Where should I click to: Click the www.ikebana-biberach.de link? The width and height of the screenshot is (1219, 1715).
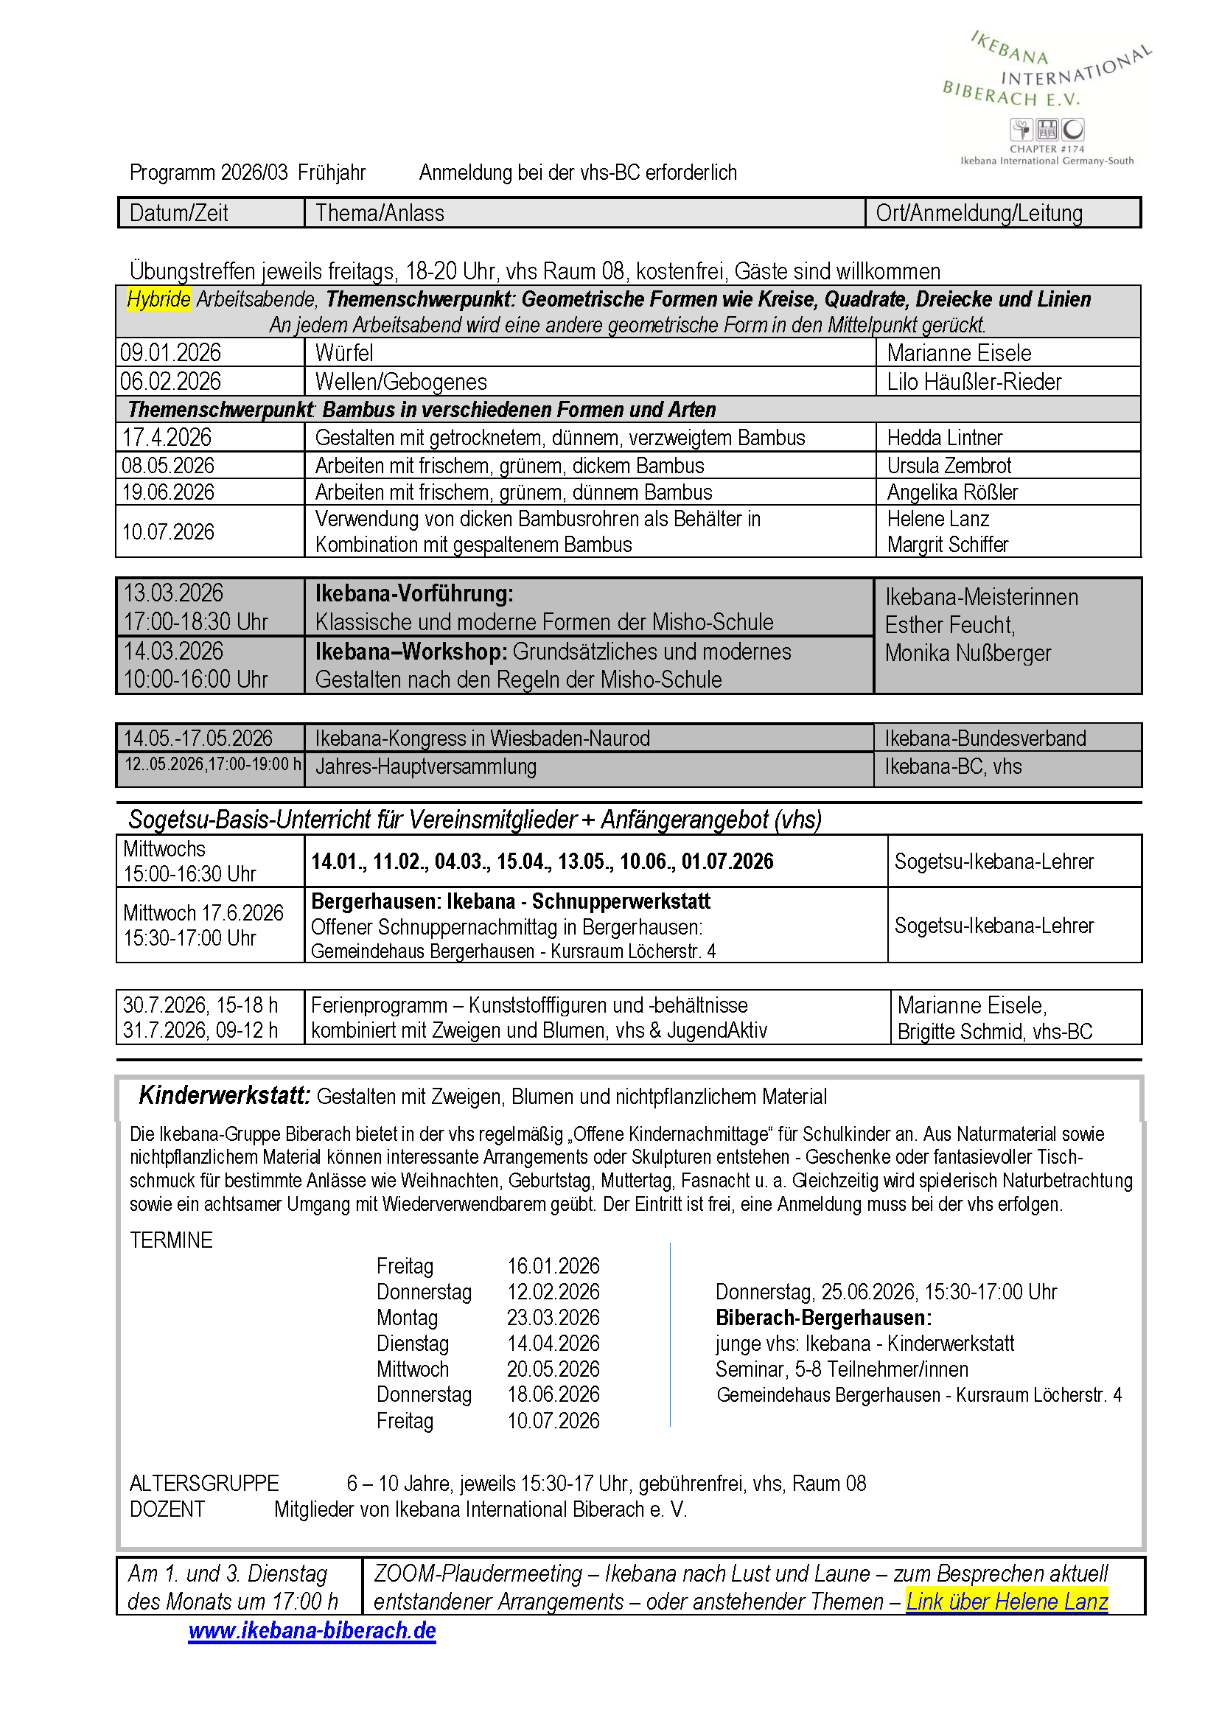coord(312,1630)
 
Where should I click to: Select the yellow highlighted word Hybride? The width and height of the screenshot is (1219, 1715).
coord(158,298)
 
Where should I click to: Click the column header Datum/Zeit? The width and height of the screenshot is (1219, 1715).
coord(178,213)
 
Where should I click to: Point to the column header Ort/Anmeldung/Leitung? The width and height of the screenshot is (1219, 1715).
coord(979,213)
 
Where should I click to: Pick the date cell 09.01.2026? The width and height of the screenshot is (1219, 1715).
coord(171,353)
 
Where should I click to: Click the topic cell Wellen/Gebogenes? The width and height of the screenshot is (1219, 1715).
coord(401,382)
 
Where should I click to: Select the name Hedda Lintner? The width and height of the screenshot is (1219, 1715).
coord(944,438)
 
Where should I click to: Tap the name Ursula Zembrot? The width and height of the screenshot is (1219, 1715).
coord(949,465)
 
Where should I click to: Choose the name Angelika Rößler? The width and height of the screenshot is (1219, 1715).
coord(951,492)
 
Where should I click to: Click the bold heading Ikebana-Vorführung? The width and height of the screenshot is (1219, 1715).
coord(413,594)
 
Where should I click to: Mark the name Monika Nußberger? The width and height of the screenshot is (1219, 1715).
coord(968,653)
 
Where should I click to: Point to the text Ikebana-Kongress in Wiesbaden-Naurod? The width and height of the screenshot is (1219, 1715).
coord(482,738)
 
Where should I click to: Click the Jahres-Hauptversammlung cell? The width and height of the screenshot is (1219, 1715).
coord(425,766)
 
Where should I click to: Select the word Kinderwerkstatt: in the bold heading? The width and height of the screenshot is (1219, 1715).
coord(224,1095)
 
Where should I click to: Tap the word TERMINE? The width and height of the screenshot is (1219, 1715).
coord(171,1240)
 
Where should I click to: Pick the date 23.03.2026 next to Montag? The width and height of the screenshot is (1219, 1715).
coord(553,1317)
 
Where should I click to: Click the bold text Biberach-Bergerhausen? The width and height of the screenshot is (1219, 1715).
coord(823,1317)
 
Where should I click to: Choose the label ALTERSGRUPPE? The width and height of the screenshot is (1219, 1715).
coord(204,1483)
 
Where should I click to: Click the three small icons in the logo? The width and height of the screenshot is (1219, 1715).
coord(1047,130)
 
